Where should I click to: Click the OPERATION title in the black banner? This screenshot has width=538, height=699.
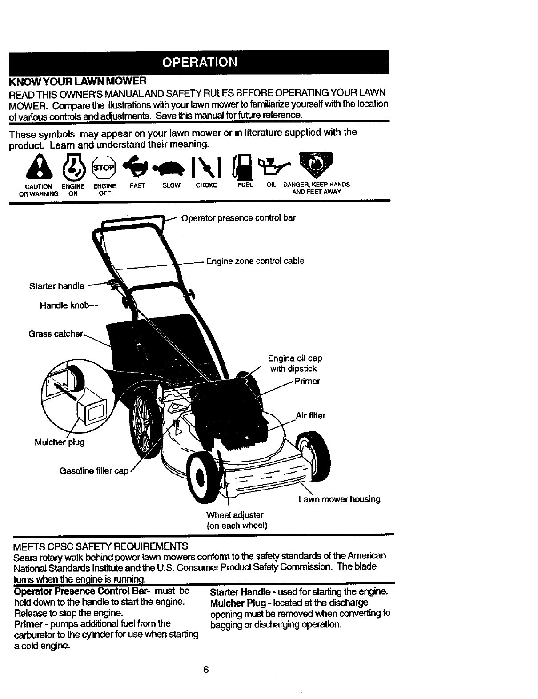[199, 62]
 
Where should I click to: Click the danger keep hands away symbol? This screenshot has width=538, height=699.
[316, 163]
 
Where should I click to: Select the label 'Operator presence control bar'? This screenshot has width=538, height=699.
[238, 218]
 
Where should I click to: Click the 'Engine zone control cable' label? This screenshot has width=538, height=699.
[255, 261]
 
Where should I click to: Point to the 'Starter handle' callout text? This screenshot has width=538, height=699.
[56, 286]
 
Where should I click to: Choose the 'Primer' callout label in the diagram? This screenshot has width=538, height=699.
[307, 381]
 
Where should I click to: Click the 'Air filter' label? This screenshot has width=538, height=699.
[311, 416]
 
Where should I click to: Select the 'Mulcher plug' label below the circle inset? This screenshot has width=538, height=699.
[60, 442]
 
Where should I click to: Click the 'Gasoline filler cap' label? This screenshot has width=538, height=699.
[94, 471]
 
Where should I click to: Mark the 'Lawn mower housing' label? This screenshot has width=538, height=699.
[339, 499]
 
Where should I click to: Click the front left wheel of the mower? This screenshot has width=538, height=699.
[202, 475]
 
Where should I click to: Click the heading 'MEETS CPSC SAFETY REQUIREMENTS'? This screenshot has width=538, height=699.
[101, 546]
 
